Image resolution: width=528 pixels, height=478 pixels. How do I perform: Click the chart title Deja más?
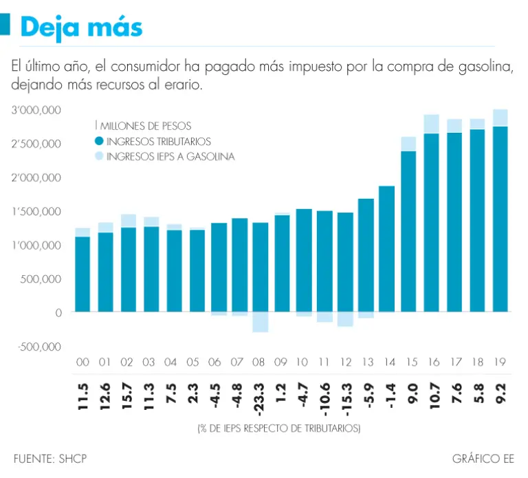coord(81,27)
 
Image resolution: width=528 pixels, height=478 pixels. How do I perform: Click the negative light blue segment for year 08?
coord(261,322)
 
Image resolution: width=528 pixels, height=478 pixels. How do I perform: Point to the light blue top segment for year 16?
coord(431,124)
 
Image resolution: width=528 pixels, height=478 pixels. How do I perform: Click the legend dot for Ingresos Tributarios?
coord(99,141)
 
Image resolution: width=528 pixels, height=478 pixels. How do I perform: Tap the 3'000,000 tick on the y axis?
coord(37,110)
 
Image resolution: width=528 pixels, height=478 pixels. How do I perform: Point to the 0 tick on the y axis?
coord(58,312)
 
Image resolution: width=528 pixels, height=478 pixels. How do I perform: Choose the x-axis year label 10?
coord(302,362)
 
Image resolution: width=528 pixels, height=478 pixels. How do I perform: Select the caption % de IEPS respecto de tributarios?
coord(278,428)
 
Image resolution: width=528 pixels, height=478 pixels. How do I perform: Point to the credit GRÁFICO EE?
coord(483,458)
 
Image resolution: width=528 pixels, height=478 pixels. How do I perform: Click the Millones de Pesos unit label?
coord(144,126)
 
